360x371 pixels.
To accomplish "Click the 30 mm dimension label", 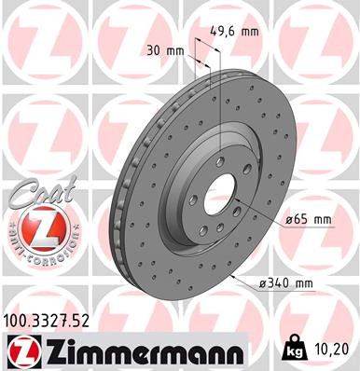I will pyautogui.click(x=163, y=49).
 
